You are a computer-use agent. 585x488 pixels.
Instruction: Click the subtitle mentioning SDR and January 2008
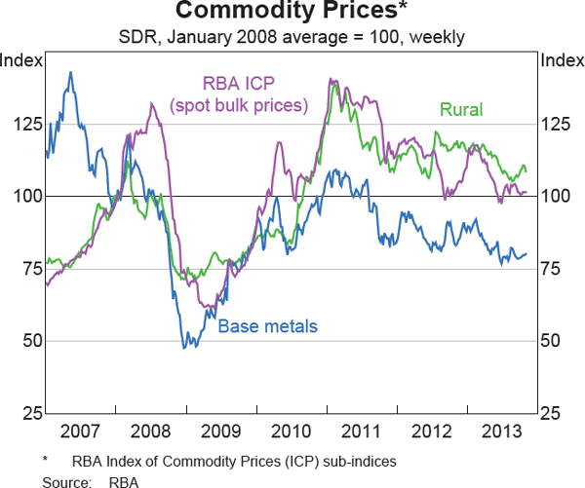(x=292, y=38)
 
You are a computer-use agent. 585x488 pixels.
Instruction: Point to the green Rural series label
(x=460, y=110)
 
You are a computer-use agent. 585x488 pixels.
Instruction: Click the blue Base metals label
(x=267, y=327)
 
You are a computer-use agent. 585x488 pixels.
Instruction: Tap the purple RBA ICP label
(x=239, y=84)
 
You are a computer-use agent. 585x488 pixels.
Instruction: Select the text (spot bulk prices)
(x=239, y=103)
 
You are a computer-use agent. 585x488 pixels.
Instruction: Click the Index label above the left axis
(x=21, y=60)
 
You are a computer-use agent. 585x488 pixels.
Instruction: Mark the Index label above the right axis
(x=562, y=60)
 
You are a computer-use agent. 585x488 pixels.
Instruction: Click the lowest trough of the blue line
(x=183, y=347)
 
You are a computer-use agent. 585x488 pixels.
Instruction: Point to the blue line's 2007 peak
(x=70, y=72)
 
